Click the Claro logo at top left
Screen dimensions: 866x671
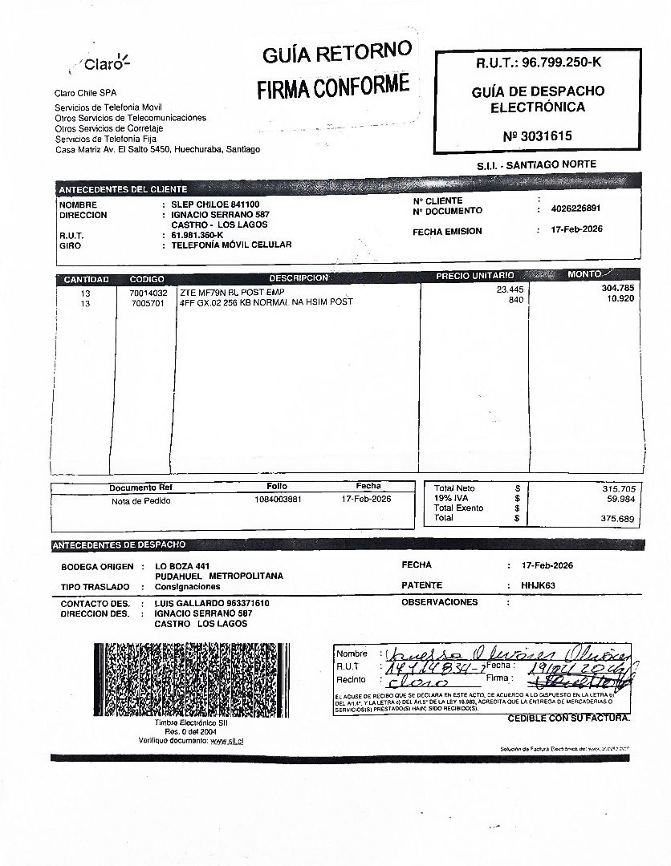tap(104, 63)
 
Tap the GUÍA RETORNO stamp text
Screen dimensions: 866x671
tap(336, 54)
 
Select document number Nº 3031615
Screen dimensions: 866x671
tap(538, 136)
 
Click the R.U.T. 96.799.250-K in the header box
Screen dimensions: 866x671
tap(538, 63)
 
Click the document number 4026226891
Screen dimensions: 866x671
tap(576, 208)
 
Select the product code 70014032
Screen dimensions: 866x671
tap(148, 293)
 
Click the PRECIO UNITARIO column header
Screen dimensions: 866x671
tap(474, 276)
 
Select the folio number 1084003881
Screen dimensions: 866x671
tap(278, 500)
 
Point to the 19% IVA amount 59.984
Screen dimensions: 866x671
tap(619, 499)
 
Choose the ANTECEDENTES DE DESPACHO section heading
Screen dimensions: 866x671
tap(119, 545)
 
